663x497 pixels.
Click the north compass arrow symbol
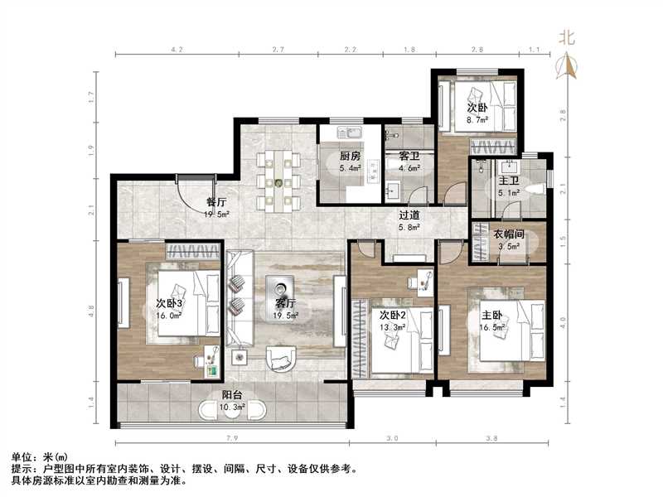[568, 65]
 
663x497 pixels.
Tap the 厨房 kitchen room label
[350, 156]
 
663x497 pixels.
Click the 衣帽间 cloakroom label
[511, 234]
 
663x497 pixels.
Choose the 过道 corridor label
[409, 214]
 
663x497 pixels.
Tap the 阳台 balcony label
[231, 396]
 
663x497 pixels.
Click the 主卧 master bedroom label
[491, 315]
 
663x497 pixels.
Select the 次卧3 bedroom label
[169, 302]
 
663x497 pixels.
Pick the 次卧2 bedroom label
[392, 315]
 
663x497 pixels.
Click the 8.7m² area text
[477, 119]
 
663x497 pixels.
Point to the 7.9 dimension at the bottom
[232, 439]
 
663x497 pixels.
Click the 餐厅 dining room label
[216, 201]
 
